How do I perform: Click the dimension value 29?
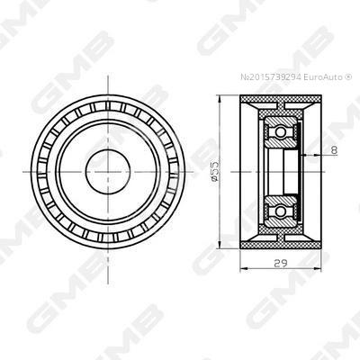(x=281, y=263)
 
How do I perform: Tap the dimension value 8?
(x=334, y=150)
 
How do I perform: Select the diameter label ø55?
(x=215, y=171)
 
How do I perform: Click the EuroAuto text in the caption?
(x=322, y=77)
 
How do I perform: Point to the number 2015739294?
(x=274, y=77)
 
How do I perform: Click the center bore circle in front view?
(x=108, y=172)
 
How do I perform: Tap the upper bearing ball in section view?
(x=281, y=131)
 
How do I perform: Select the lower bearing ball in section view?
(x=281, y=211)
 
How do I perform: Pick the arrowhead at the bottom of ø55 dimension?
(x=220, y=245)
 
